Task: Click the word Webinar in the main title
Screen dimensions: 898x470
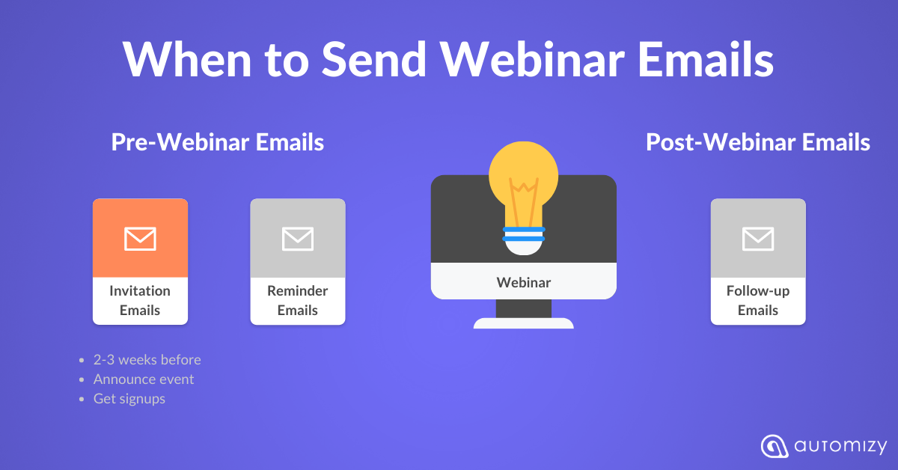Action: point(532,59)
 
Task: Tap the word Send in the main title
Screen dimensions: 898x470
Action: point(374,59)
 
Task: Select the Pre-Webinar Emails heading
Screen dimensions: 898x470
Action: point(218,142)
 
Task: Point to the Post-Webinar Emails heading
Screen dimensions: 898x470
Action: point(757,142)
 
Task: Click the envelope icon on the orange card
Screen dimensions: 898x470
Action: point(140,239)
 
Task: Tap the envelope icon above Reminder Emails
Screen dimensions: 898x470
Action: point(298,239)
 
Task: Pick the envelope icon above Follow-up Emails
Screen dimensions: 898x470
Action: point(758,239)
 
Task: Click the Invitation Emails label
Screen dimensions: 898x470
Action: point(140,300)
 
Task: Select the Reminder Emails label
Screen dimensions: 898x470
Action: point(298,300)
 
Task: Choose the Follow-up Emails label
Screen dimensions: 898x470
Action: point(758,300)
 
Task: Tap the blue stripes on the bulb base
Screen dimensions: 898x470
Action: point(524,234)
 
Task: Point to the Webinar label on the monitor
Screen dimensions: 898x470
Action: point(524,282)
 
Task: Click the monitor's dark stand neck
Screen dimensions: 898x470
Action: point(524,308)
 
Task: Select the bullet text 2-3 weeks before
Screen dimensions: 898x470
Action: point(147,360)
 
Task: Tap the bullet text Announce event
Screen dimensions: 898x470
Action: point(144,379)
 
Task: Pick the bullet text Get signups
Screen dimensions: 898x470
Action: point(129,399)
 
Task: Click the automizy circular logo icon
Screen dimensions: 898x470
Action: point(774,446)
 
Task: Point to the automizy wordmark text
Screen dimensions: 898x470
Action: point(840,447)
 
